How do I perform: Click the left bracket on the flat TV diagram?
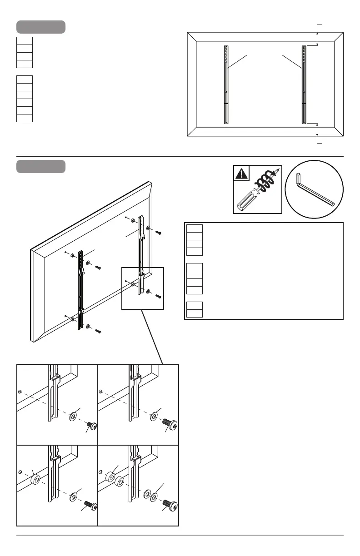pyautogui.click(x=226, y=84)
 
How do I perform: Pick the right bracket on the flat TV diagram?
pyautogui.click(x=304, y=84)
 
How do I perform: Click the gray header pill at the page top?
pyautogui.click(x=41, y=27)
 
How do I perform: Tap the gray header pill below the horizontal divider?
pyautogui.click(x=41, y=166)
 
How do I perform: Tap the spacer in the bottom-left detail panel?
pyautogui.click(x=35, y=479)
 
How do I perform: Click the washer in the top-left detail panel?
pyautogui.click(x=73, y=416)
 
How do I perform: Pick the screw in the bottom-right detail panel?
pyautogui.click(x=170, y=504)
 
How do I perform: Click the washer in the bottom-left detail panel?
pyautogui.click(x=73, y=497)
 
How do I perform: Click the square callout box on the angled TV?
pyautogui.click(x=142, y=288)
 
